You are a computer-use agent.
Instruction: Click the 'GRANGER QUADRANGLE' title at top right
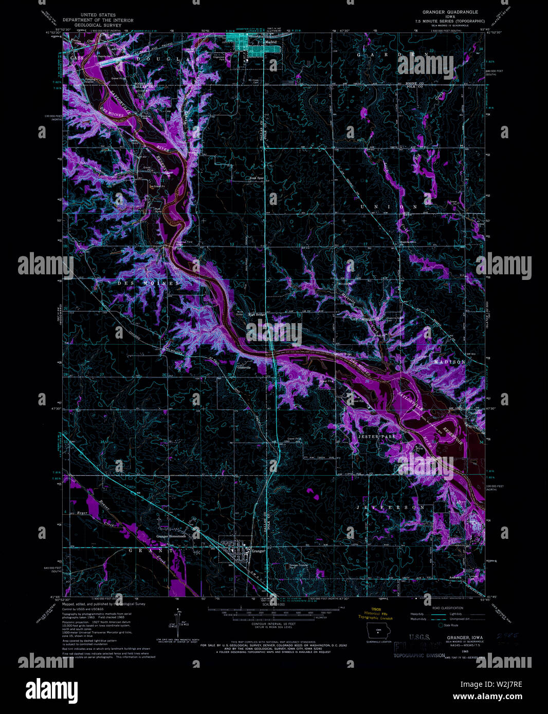tap(450, 12)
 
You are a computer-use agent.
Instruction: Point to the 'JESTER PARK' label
tap(376, 437)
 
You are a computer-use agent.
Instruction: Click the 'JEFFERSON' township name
tap(391, 508)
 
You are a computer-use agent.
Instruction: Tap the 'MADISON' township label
tap(449, 362)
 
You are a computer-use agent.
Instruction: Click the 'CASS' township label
tap(76, 59)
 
